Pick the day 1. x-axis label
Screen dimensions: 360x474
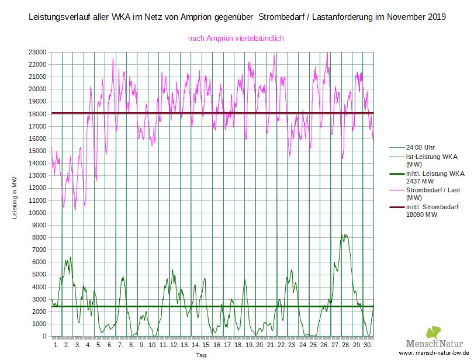[x=57, y=345]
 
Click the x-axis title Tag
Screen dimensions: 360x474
[x=201, y=355]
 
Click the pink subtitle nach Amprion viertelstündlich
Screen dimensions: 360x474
[x=236, y=39]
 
